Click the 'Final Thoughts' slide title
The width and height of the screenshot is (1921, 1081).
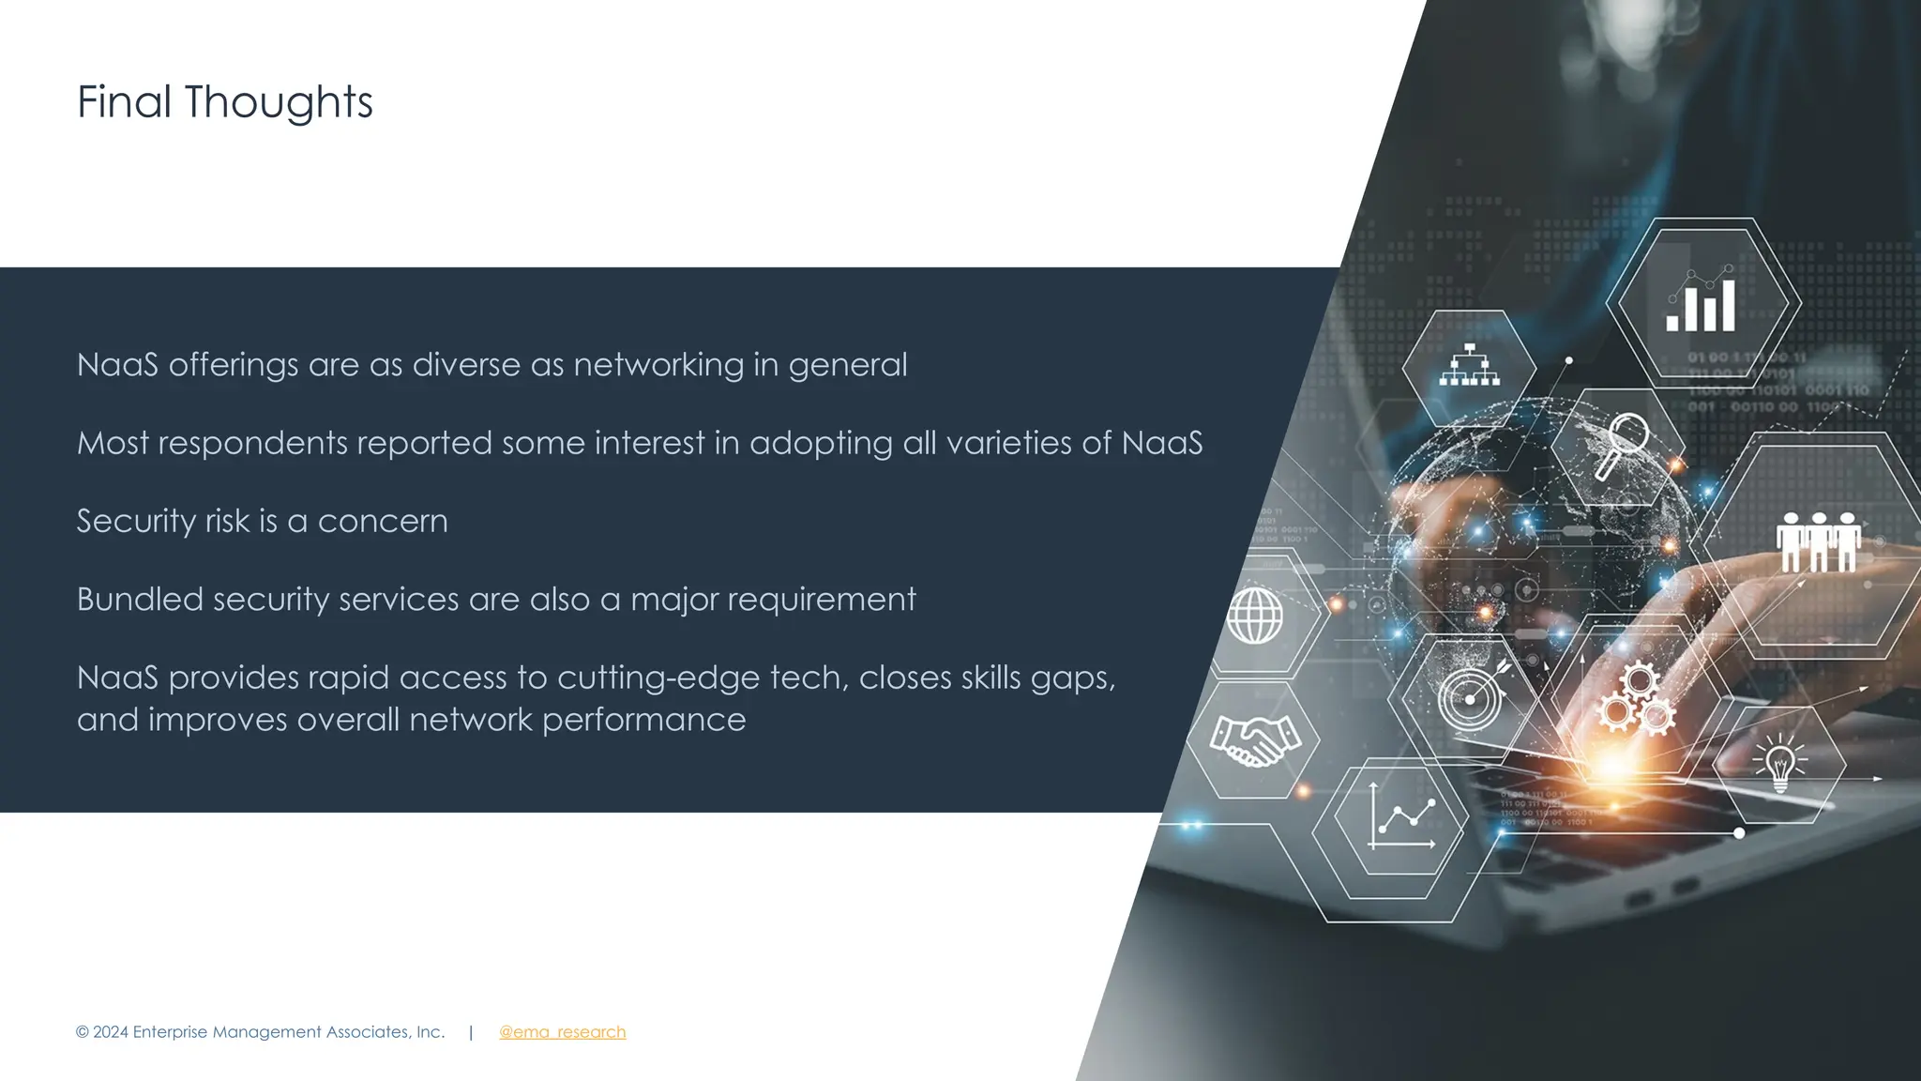[224, 102]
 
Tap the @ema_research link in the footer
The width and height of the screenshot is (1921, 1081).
[562, 1032]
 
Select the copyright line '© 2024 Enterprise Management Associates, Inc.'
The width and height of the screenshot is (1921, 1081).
[260, 1032]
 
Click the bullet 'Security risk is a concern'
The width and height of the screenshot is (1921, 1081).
[262, 521]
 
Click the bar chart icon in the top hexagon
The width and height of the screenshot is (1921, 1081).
[1701, 301]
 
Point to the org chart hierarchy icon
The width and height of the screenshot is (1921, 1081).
[1469, 366]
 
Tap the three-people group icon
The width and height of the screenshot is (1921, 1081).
[1818, 541]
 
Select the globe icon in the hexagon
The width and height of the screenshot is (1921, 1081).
[1255, 616]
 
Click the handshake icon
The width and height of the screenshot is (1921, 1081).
[1254, 739]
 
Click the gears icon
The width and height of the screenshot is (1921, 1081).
[1636, 699]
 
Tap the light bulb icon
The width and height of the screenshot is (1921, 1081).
[1779, 763]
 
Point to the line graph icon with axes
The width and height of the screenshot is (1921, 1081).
[1400, 815]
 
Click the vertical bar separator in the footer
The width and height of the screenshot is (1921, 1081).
[471, 1032]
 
